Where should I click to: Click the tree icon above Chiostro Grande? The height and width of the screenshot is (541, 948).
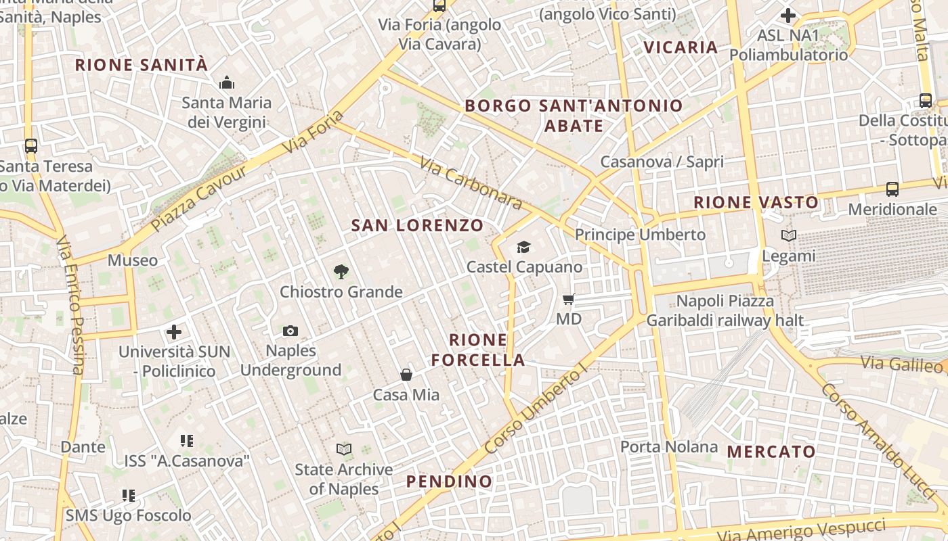pyautogui.click(x=341, y=272)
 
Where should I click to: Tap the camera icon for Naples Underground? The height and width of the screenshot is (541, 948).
pyautogui.click(x=290, y=331)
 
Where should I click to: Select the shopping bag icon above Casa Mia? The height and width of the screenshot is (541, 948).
pyautogui.click(x=406, y=374)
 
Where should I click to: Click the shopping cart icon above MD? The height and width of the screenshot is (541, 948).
pyautogui.click(x=569, y=298)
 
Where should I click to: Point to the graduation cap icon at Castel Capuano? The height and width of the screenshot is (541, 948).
pyautogui.click(x=524, y=247)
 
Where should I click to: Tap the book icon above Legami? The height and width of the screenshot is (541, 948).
pyautogui.click(x=789, y=236)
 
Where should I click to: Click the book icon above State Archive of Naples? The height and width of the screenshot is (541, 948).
pyautogui.click(x=344, y=449)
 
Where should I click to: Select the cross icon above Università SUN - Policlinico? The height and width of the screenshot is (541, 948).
pyautogui.click(x=174, y=332)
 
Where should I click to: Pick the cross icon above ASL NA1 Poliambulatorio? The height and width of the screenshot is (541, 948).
pyautogui.click(x=788, y=15)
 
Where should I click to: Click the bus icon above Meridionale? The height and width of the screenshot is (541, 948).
pyautogui.click(x=892, y=189)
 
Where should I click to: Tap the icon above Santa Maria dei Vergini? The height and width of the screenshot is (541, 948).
pyautogui.click(x=226, y=83)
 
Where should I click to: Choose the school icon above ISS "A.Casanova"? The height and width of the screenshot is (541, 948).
pyautogui.click(x=187, y=441)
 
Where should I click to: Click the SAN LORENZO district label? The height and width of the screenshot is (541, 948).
pyautogui.click(x=417, y=226)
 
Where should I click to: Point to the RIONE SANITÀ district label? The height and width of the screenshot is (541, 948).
pyautogui.click(x=141, y=65)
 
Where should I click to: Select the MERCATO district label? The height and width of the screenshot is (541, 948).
pyautogui.click(x=771, y=451)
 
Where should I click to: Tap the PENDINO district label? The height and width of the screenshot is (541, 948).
pyautogui.click(x=449, y=481)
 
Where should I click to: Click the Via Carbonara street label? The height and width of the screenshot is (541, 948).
pyautogui.click(x=471, y=183)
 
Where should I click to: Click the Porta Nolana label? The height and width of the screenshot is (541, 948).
pyautogui.click(x=669, y=447)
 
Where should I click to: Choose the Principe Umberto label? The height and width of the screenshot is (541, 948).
pyautogui.click(x=640, y=235)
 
